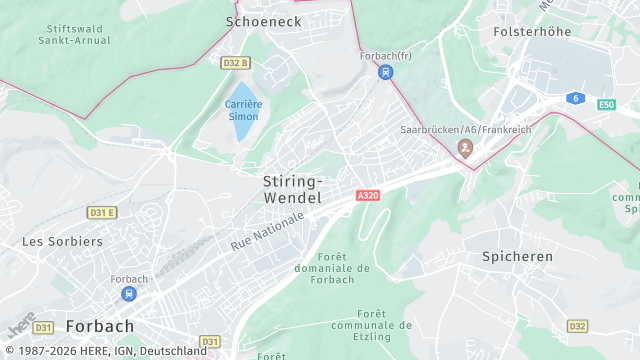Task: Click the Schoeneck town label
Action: tap(264, 20)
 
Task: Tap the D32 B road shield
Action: tap(235, 63)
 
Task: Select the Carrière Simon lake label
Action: tap(242, 110)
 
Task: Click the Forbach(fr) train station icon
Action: tap(385, 72)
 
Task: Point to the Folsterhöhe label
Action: tap(532, 32)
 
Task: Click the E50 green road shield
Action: tap(606, 104)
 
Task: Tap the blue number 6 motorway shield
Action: tap(575, 97)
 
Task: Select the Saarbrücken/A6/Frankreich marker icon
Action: tap(465, 148)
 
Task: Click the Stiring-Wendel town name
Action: tap(292, 190)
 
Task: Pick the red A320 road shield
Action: tap(368, 197)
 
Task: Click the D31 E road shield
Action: tap(102, 213)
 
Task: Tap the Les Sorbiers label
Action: tap(63, 241)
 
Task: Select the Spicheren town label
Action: tap(517, 257)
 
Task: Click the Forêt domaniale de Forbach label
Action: tap(333, 268)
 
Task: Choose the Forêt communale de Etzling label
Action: tap(371, 325)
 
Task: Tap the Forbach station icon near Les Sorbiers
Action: tap(129, 294)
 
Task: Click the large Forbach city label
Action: tap(99, 326)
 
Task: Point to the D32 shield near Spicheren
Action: tap(577, 326)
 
